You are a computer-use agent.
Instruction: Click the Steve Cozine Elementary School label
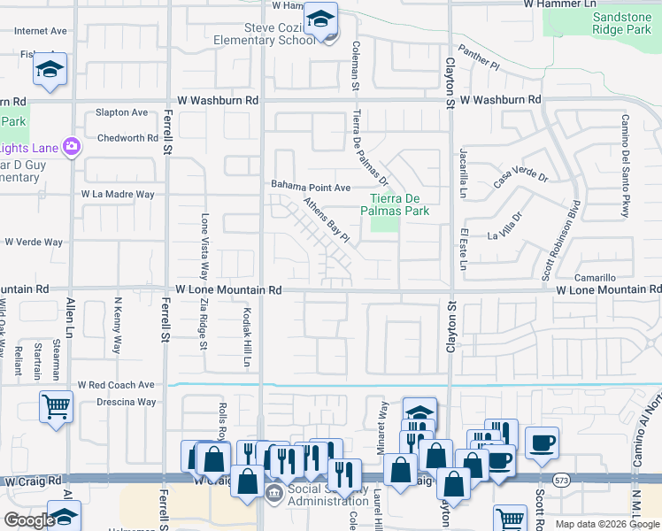coord(264,32)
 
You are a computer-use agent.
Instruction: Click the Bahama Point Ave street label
coord(311,187)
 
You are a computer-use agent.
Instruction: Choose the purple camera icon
coord(72,147)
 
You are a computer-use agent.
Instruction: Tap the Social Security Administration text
coord(315,496)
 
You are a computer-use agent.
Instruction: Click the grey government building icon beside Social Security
coord(273,492)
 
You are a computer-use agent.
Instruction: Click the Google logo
coord(29,520)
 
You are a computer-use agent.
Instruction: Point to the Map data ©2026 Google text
coord(607,524)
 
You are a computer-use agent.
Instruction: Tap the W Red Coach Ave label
coord(116,385)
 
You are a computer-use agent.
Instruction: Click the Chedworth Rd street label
coord(127,138)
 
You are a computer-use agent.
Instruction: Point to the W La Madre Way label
coord(118,194)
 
